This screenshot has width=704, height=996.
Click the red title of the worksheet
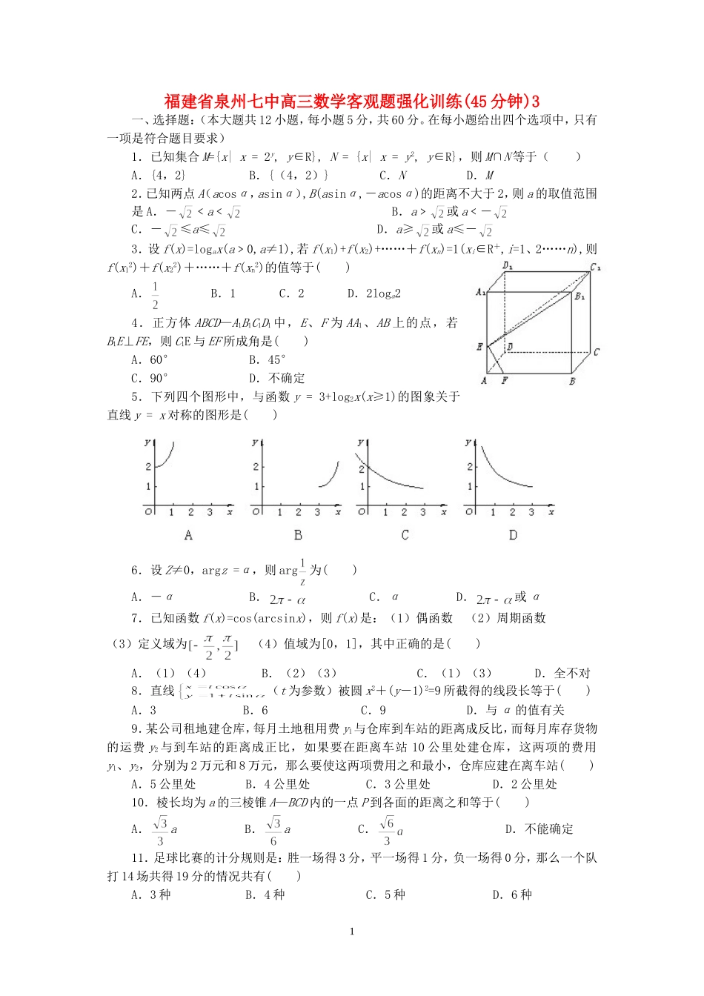pos(352,101)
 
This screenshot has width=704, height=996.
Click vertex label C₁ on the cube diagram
pos(594,267)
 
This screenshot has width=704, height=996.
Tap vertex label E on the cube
pos(480,346)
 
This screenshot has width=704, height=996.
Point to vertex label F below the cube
pos(504,380)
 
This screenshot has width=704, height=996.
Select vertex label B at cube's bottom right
pos(572,381)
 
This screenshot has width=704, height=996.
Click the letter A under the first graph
pos(188,534)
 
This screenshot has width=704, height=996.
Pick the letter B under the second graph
pos(298,534)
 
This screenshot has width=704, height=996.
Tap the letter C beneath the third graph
pos(405,534)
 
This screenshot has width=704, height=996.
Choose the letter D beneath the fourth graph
pos(513,534)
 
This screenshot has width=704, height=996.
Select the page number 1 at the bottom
pos(352,932)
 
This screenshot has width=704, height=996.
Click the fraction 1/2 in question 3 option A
pos(155,295)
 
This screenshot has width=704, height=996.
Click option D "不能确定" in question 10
pos(539,829)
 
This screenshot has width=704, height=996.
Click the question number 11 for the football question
pos(139,858)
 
